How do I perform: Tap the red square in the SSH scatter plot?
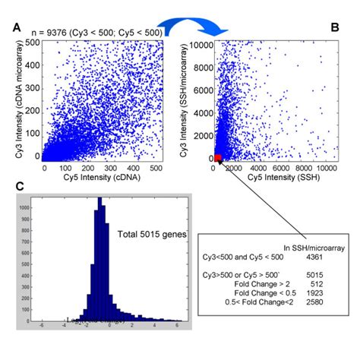point(217,157)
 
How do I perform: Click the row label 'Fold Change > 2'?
point(259,282)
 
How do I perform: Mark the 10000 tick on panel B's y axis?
point(201,44)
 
